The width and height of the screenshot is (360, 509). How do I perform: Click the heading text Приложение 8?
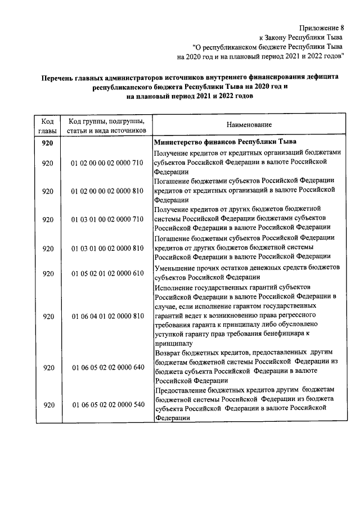[x=322, y=26]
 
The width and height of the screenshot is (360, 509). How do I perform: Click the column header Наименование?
[x=249, y=124]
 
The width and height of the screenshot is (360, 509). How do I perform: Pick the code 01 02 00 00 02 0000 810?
[x=107, y=191]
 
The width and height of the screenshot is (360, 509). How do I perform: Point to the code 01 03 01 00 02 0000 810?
[x=107, y=249]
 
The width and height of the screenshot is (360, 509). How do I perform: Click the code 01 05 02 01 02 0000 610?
[x=107, y=273]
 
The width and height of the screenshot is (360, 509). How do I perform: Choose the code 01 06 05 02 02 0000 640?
[x=107, y=367]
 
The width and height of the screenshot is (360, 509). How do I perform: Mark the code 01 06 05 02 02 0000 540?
[x=107, y=404]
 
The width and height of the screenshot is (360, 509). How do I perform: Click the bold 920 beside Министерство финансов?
[x=47, y=142]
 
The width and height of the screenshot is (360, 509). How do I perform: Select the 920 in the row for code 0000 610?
[x=47, y=273]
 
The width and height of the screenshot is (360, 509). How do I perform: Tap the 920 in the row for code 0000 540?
[x=47, y=404]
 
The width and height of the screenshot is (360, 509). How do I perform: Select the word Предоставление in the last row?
[x=181, y=389]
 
